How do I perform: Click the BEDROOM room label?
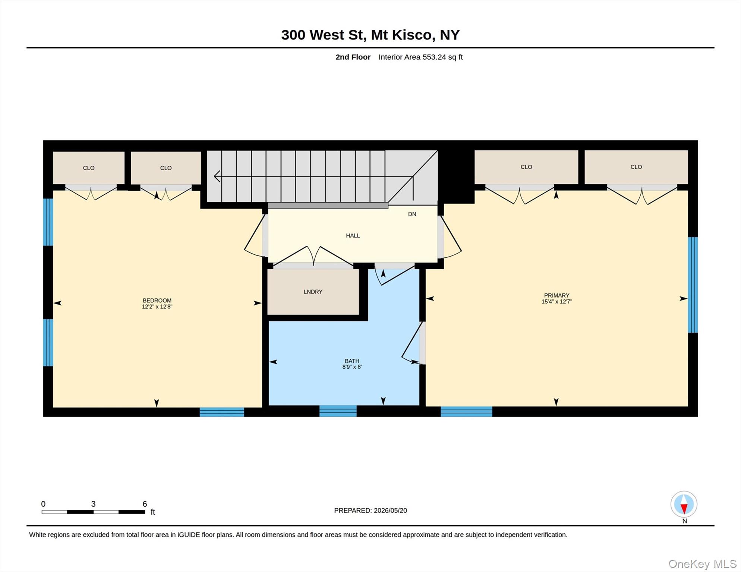[x=157, y=301]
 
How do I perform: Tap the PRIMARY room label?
[x=556, y=295]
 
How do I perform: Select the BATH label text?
[x=352, y=361]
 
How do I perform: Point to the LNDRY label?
[x=313, y=292]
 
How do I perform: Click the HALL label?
[x=353, y=235]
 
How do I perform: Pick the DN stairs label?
[x=412, y=214]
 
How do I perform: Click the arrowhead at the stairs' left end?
[x=217, y=176]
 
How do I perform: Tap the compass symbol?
[x=684, y=504]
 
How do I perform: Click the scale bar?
[x=93, y=512]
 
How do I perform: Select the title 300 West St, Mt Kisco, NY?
[x=370, y=35]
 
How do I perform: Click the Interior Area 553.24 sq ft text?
[x=420, y=57]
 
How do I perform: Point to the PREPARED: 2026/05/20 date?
[x=370, y=511]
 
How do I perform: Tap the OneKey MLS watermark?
[x=702, y=564]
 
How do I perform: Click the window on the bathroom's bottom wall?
[x=338, y=411]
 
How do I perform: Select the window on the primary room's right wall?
[x=693, y=285]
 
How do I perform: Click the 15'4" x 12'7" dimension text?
[x=556, y=302]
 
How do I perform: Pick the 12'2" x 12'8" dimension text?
[x=157, y=307]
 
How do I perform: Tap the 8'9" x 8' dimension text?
[x=352, y=367]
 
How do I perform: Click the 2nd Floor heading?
[x=353, y=57]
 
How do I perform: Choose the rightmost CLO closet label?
[x=636, y=167]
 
